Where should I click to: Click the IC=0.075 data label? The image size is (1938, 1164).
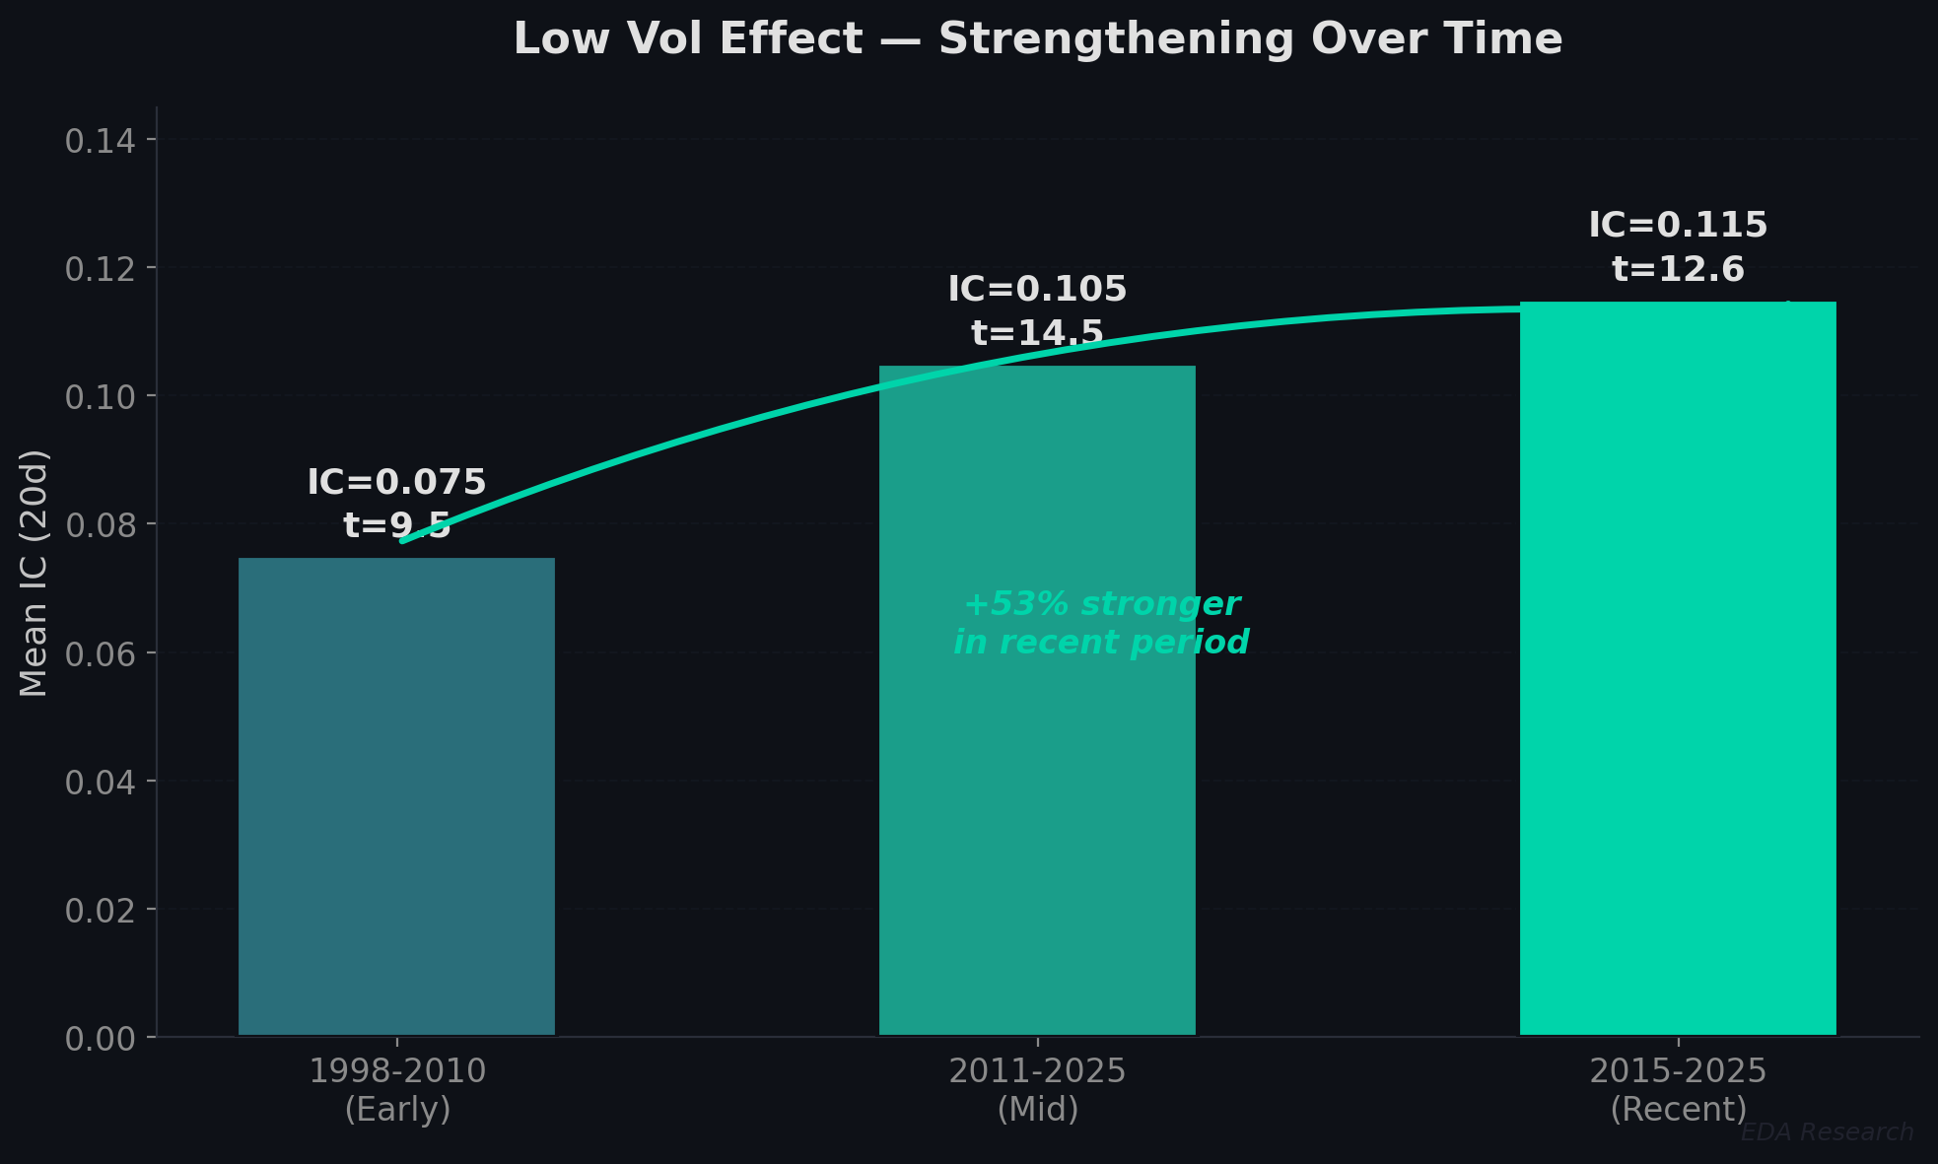[396, 482]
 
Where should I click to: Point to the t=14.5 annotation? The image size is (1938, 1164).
[1037, 333]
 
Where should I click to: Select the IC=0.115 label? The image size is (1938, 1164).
[1678, 225]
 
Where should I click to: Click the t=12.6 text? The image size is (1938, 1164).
[1678, 269]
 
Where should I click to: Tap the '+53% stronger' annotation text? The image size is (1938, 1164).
[1101, 604]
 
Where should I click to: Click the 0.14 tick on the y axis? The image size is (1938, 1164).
[100, 141]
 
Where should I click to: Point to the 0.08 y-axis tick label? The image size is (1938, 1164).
[100, 525]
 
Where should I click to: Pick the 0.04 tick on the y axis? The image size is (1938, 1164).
[100, 783]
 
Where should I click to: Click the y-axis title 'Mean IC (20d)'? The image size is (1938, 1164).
[34, 573]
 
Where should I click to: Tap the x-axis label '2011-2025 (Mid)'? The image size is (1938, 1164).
[1037, 1089]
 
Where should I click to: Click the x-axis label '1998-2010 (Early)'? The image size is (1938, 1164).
[396, 1089]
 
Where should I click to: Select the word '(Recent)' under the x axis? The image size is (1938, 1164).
[1678, 1109]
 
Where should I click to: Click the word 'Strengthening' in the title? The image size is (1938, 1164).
[1116, 39]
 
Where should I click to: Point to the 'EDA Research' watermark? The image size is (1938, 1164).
[1827, 1132]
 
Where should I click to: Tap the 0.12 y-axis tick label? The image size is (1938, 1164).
[100, 269]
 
